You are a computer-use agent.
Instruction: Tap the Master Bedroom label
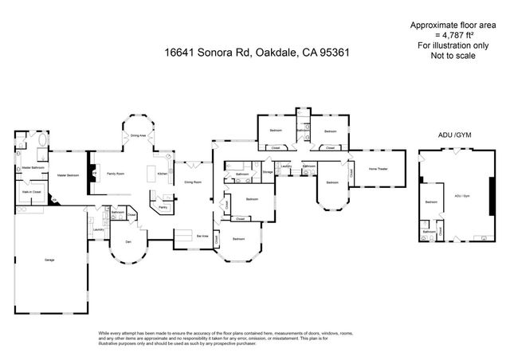(x=66, y=174)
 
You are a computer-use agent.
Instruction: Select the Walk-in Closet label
(x=32, y=192)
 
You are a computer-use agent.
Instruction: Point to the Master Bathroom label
(x=32, y=167)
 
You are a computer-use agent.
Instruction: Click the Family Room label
(x=116, y=174)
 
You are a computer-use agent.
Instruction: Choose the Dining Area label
(x=138, y=136)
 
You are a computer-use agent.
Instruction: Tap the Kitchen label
(x=163, y=174)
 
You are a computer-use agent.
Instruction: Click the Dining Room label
(x=193, y=182)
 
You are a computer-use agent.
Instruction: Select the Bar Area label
(x=202, y=237)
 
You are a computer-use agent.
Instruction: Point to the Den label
(x=127, y=241)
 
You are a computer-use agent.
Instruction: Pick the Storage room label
(x=268, y=172)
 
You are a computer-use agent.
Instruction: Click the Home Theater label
(x=378, y=169)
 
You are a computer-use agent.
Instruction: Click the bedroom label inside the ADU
(x=430, y=202)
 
